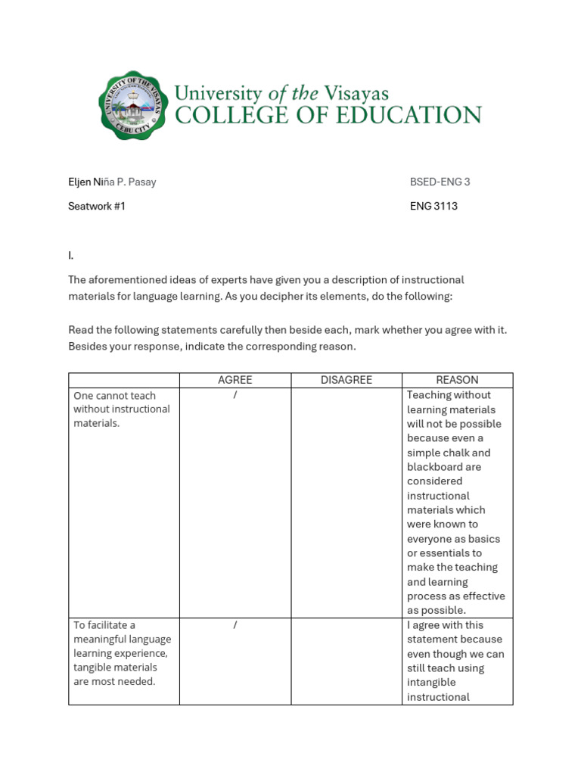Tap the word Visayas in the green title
[x=356, y=93]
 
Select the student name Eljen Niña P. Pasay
[x=112, y=182]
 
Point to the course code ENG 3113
[x=433, y=206]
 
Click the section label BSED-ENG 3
[x=440, y=182]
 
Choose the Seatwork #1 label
[x=97, y=206]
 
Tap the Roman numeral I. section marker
[x=71, y=256]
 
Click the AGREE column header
[x=235, y=380]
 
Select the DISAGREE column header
[x=346, y=380]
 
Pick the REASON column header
[x=457, y=380]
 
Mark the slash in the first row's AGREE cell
[x=235, y=395]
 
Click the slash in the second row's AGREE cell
[x=235, y=625]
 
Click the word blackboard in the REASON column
[x=433, y=467]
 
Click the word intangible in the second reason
[x=431, y=683]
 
